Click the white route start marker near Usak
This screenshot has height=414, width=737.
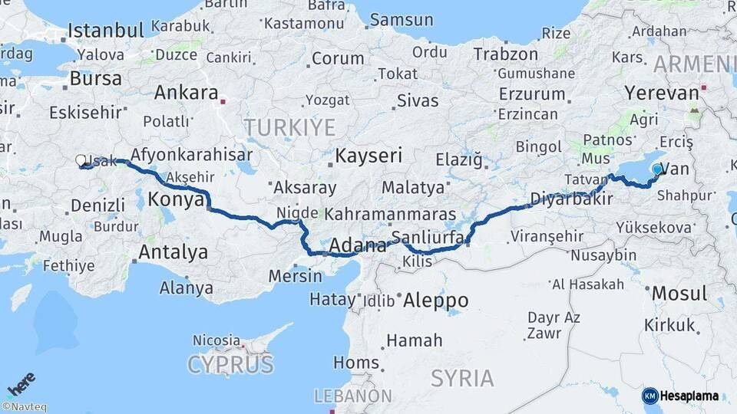(81, 160)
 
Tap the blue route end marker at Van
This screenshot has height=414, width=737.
(657, 169)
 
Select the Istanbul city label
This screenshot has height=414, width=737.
(106, 31)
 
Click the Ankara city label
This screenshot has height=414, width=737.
(187, 93)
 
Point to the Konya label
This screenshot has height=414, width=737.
(174, 199)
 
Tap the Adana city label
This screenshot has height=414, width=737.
(358, 247)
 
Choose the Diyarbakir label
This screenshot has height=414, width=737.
(570, 199)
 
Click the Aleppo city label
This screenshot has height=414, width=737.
(435, 299)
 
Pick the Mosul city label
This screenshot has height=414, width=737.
(679, 293)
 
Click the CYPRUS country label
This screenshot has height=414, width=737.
(230, 363)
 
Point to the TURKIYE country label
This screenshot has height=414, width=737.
(289, 127)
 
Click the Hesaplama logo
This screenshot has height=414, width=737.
(680, 396)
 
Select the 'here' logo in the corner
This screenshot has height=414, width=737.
(21, 383)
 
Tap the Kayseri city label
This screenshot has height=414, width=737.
(368, 156)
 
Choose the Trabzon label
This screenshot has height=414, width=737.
(505, 54)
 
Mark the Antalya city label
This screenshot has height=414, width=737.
(173, 251)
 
